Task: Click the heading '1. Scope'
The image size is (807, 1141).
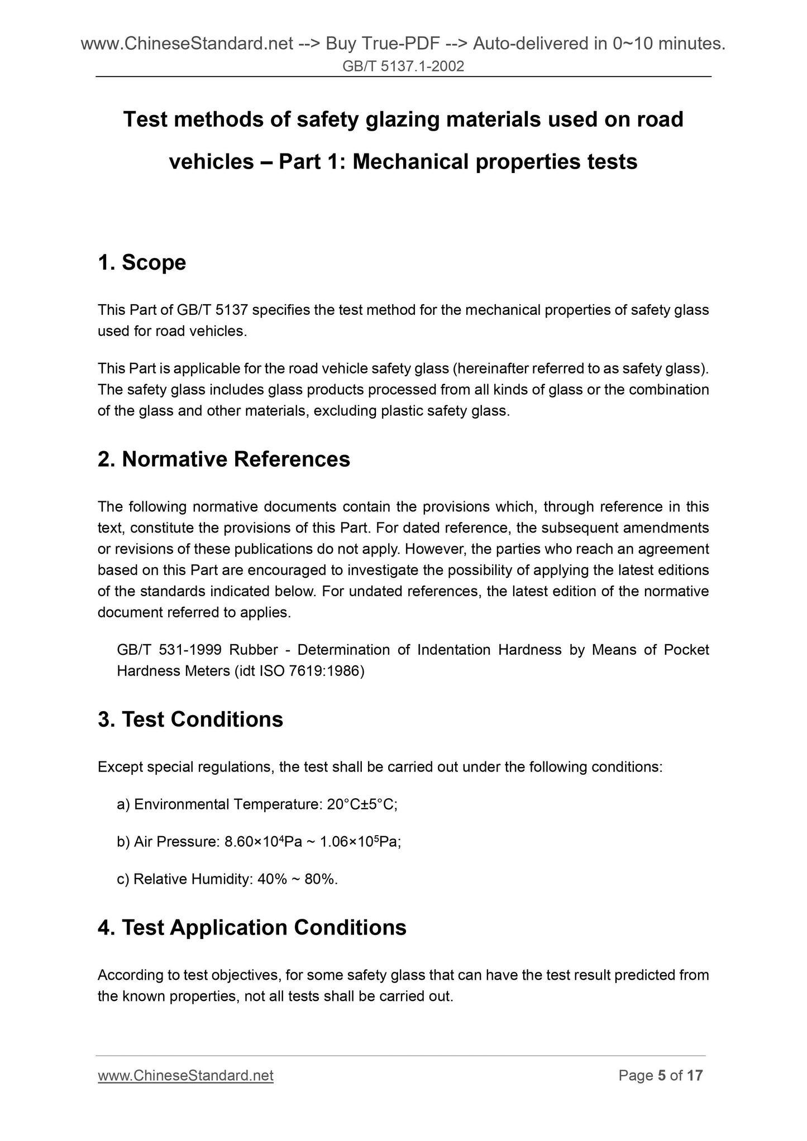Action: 141,262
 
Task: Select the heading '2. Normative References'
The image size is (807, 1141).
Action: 223,459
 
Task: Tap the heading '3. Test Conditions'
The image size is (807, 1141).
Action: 190,720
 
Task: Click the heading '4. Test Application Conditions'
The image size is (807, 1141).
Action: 251,928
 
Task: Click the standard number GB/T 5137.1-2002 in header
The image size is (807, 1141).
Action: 403,67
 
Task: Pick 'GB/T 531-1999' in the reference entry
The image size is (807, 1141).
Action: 169,650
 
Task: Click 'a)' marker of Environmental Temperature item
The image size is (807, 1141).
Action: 123,804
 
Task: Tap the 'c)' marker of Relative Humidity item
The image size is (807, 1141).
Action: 123,880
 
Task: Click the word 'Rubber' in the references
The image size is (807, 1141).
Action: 253,650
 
